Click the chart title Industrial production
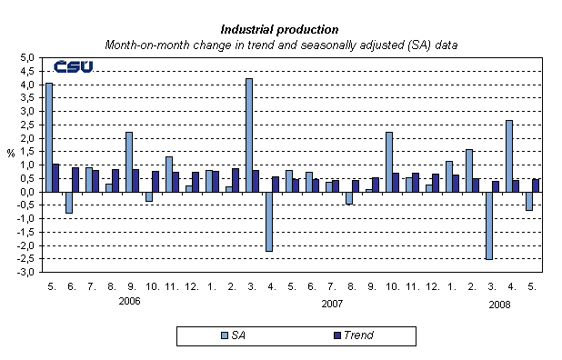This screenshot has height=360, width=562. point(280,29)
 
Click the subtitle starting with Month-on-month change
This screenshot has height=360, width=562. point(280,44)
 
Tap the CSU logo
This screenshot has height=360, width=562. point(72,67)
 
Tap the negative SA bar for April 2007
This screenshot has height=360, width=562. point(269,221)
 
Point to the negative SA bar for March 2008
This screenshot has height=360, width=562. point(489,225)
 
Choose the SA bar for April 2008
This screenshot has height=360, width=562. point(509,155)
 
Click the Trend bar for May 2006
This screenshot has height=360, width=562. point(56,178)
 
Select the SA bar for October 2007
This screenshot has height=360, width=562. point(389,162)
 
